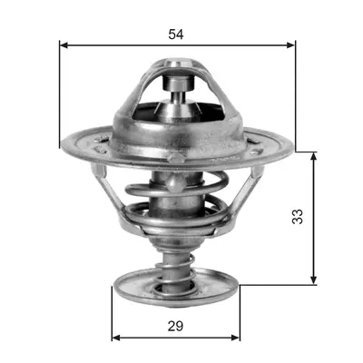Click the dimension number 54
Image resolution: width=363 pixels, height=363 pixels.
pos(176,34)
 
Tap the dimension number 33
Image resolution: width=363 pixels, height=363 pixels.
pos(298,216)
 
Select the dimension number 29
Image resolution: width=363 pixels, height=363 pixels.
pos(176,326)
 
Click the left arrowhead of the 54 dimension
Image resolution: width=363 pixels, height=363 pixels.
pos(64,45)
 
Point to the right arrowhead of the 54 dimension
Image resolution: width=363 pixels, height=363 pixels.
pos(290,45)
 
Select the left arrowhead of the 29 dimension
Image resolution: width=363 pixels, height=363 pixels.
pos(116,338)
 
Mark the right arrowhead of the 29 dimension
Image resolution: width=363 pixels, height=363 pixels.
pos(236,338)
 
